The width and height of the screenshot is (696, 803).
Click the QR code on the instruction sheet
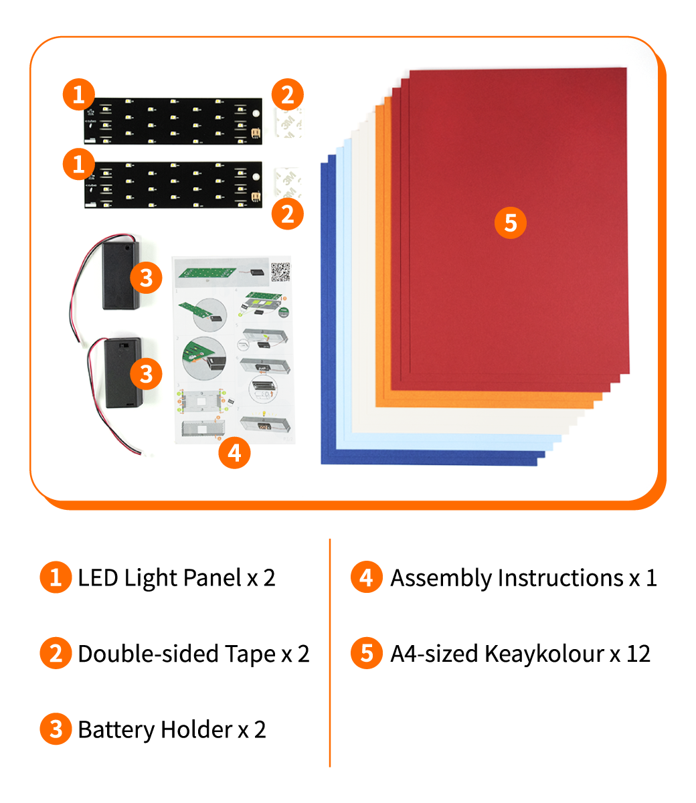pyautogui.click(x=280, y=272)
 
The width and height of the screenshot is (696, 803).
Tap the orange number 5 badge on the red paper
pyautogui.click(x=511, y=222)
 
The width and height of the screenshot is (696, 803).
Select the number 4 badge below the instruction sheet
pyautogui.click(x=234, y=453)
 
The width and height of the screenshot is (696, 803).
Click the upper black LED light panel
pyautogui.click(x=173, y=120)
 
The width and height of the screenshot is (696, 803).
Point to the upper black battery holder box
pyautogui.click(x=121, y=275)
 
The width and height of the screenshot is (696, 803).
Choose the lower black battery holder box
pyautogui.click(x=123, y=373)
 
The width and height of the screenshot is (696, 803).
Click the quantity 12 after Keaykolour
pyautogui.click(x=638, y=654)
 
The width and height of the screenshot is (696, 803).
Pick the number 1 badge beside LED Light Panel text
pyautogui.click(x=56, y=578)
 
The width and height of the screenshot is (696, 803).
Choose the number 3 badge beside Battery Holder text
pyautogui.click(x=56, y=729)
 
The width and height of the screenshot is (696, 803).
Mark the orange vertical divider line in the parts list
pyautogui.click(x=330, y=652)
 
